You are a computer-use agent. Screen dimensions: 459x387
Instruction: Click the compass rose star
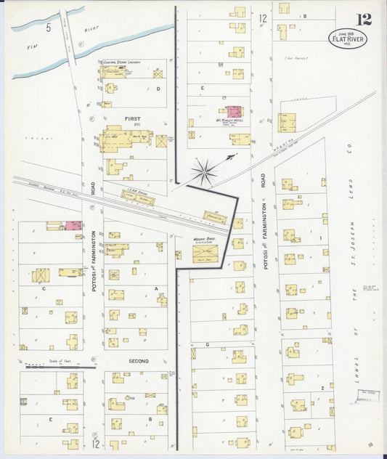point(204,172)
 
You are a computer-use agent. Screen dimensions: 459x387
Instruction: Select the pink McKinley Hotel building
point(234,112)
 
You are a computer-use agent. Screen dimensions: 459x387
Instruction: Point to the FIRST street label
point(132,118)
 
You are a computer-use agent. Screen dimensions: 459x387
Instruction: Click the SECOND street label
point(139,361)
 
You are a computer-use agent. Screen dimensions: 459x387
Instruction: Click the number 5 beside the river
point(48,28)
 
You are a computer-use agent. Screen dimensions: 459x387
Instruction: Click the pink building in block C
point(74,225)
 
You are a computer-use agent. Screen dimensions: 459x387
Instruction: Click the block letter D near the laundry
point(158,89)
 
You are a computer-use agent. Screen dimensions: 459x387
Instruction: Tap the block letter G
point(208,344)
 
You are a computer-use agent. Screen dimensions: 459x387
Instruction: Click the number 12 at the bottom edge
point(97,442)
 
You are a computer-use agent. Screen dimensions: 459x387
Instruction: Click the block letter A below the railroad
point(155,288)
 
